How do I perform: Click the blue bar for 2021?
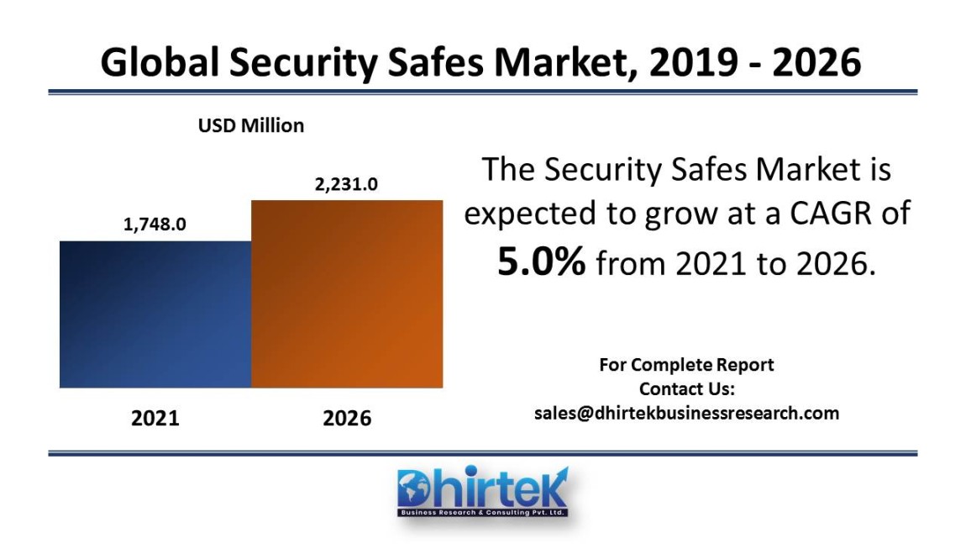click(155, 314)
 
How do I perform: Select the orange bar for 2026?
click(347, 294)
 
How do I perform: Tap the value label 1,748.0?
click(155, 224)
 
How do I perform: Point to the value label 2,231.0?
click(346, 184)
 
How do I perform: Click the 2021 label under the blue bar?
click(155, 418)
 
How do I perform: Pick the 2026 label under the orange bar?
click(347, 418)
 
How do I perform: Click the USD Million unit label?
click(251, 126)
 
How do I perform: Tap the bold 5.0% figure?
click(541, 263)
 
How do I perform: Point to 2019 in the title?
click(690, 63)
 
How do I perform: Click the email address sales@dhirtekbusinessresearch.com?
click(686, 413)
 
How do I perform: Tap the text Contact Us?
click(686, 389)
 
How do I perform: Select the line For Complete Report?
click(686, 365)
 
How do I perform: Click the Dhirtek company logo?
click(482, 491)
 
